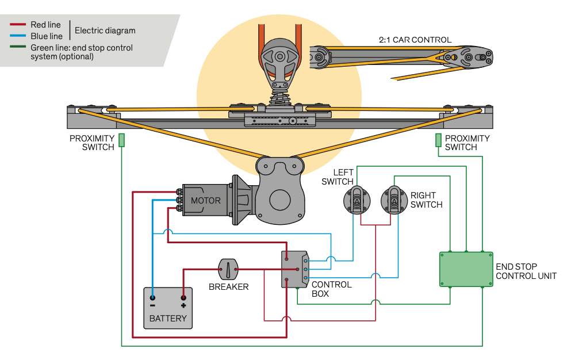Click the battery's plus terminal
pos(183,298)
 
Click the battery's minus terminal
pos(152,298)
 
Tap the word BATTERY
pos(168,318)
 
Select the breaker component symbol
pos(228,268)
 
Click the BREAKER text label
pos(228,286)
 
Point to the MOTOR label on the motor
pos(206,201)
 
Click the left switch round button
pos(357,200)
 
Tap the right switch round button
pos(394,200)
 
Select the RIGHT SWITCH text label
pos(427,200)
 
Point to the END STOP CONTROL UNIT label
pos(526,271)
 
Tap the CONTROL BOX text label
pos(331,289)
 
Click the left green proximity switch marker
pos(122,140)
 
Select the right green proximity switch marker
pos(438,140)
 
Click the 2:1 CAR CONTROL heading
pos(415,40)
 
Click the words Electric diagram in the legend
pos(105,30)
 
